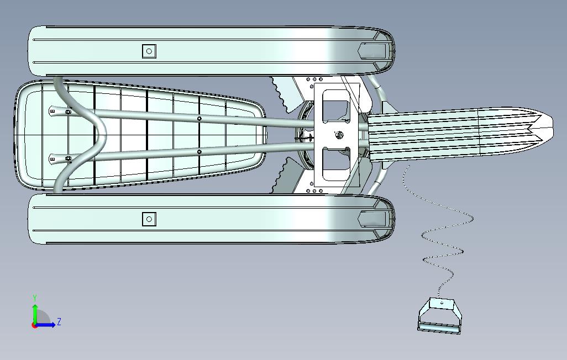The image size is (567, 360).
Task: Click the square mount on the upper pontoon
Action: point(149,51)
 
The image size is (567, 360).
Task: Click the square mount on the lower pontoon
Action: point(149,219)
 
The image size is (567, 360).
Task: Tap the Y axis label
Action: point(35,298)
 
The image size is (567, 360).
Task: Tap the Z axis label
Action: point(59,322)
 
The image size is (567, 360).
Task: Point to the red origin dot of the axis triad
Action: point(35,325)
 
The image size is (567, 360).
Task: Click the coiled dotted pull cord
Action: point(442,243)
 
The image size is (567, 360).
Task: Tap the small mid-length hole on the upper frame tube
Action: point(199,118)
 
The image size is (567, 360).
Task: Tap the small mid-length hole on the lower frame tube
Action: point(199,151)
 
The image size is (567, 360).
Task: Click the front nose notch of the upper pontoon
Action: point(372,51)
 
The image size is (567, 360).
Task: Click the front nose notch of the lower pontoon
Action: point(372,219)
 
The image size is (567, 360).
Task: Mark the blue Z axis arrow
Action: point(48,325)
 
